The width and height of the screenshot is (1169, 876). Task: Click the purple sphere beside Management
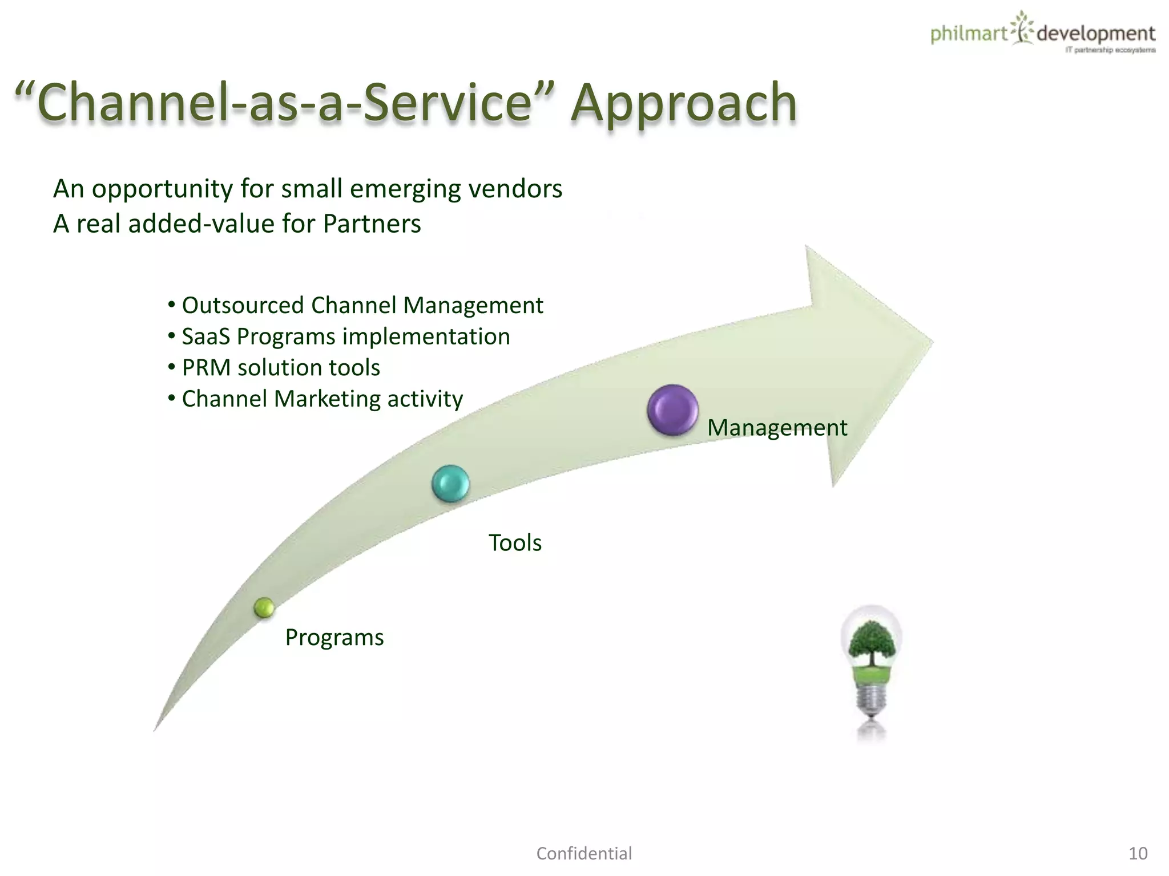(x=673, y=410)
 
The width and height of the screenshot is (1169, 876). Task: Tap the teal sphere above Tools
(x=450, y=484)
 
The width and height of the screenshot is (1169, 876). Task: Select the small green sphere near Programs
(x=264, y=608)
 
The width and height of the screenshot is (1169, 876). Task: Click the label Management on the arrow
(x=777, y=428)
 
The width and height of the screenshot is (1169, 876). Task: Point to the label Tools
(x=515, y=542)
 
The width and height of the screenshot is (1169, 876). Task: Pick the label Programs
(x=334, y=637)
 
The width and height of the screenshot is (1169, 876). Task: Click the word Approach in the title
(x=684, y=103)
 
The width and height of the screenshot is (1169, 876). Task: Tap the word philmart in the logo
(x=969, y=34)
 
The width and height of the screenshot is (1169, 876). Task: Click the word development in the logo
(x=1095, y=34)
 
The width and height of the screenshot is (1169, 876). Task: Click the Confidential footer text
(x=584, y=853)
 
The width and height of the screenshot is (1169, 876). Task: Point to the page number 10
(x=1138, y=853)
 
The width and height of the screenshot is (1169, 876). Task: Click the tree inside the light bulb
(x=871, y=642)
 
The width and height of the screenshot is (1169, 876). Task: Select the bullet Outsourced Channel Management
(x=362, y=305)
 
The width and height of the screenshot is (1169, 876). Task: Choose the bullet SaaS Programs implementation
(x=345, y=336)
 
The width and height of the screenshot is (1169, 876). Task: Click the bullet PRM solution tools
(x=280, y=368)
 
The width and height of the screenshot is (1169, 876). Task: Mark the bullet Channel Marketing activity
(x=322, y=399)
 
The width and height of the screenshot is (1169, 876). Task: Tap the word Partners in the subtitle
(x=372, y=224)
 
